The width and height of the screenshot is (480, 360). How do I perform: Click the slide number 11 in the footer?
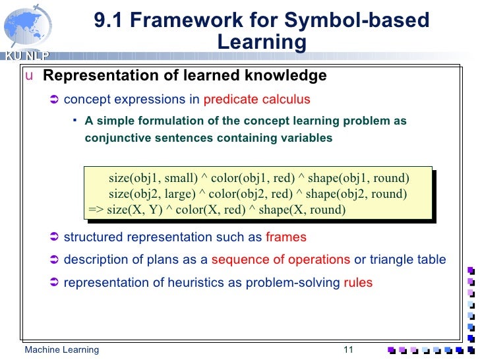coord(349,349)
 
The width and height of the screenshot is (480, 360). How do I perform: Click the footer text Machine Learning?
coord(61,349)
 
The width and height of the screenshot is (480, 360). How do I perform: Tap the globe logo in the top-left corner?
coord(24,26)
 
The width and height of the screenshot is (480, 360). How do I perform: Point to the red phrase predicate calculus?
coord(256,100)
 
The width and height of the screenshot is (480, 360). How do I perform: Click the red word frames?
coord(285,237)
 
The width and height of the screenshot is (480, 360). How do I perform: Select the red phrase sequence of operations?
coord(281,260)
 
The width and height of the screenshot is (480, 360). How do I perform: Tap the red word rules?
coord(358,283)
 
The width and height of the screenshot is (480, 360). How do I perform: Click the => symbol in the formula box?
coord(96,210)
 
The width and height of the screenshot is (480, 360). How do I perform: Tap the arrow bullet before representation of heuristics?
coord(55,283)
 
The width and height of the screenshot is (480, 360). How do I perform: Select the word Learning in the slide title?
coord(262,42)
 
